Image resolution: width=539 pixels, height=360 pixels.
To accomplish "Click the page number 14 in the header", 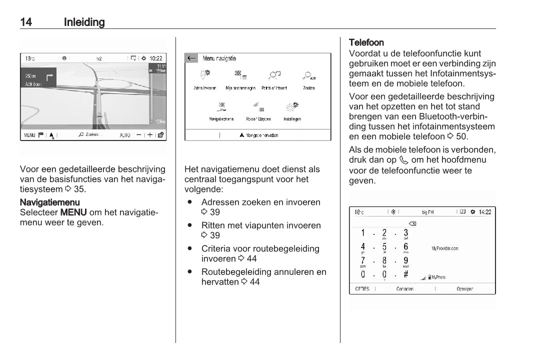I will [x=27, y=22].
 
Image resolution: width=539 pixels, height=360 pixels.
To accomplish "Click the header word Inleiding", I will [x=84, y=22].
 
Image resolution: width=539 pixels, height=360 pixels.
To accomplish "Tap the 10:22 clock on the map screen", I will [x=155, y=58].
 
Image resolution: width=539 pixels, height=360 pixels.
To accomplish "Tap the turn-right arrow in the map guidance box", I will [x=49, y=77].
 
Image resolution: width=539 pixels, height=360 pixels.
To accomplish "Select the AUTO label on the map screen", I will [x=125, y=135].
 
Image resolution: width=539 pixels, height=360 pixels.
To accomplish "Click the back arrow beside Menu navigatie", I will [x=191, y=58].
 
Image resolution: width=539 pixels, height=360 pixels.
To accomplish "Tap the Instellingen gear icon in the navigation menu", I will [x=292, y=106].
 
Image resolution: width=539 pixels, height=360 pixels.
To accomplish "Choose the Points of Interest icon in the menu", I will [x=274, y=75].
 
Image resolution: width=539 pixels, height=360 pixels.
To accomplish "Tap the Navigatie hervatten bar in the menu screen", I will [x=258, y=135].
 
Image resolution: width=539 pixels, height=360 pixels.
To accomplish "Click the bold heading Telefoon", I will [x=366, y=42].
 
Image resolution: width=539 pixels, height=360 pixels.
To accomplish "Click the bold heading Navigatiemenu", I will [x=49, y=202].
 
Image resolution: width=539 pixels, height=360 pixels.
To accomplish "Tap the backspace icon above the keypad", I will [x=412, y=223].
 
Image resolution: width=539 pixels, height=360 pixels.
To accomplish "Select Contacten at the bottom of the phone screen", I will [x=404, y=289].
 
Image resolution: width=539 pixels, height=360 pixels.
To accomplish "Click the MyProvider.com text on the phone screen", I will [x=445, y=248].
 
